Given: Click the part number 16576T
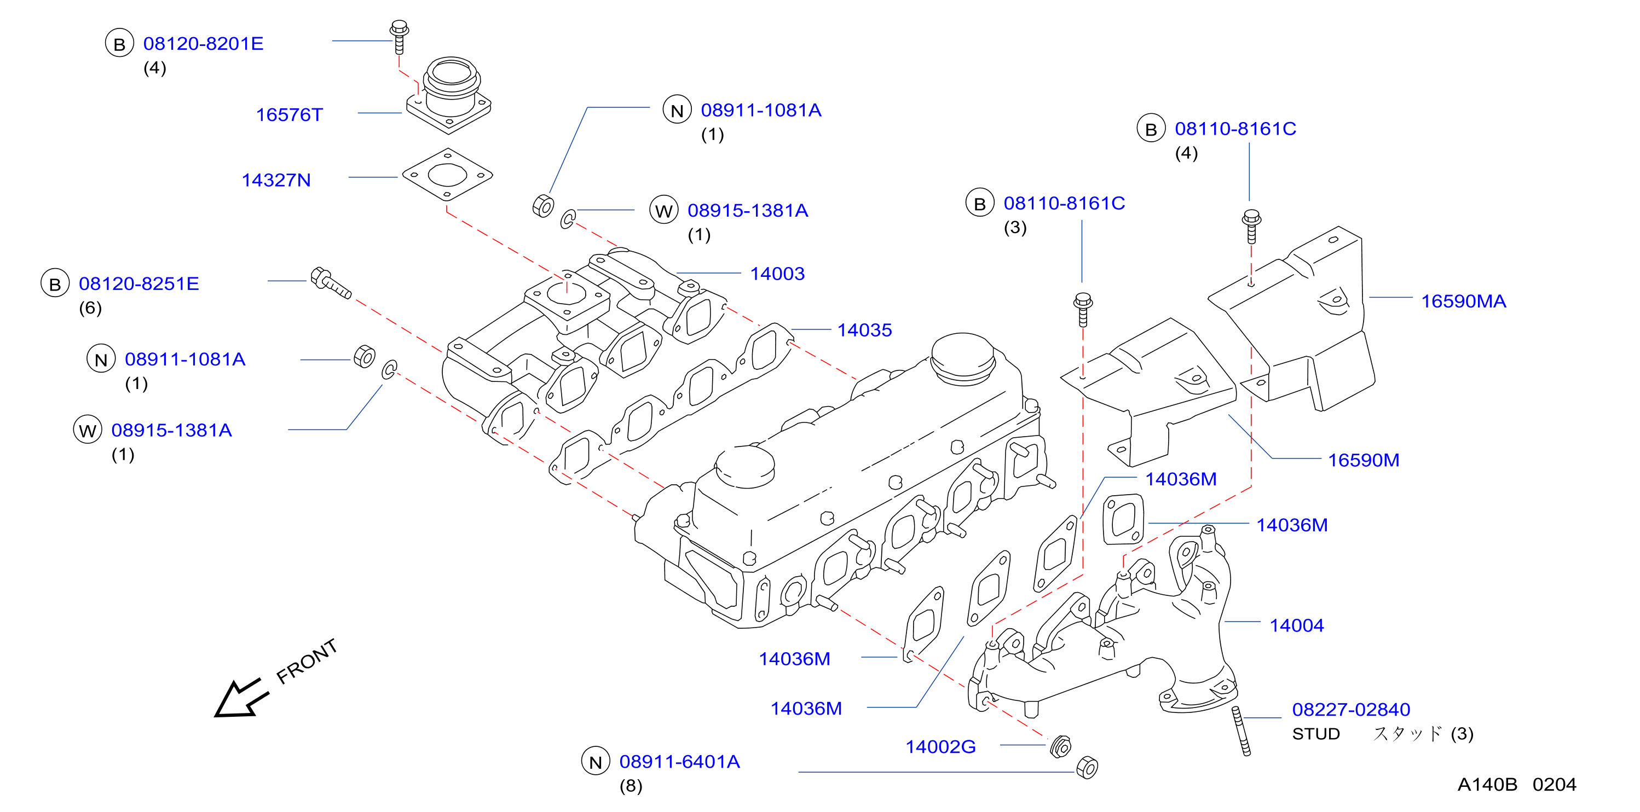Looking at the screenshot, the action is tap(289, 115).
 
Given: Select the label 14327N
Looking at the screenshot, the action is tap(276, 180).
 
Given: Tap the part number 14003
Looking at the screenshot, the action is tap(777, 274).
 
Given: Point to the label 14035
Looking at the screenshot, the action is tap(864, 330).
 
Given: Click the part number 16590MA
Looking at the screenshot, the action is tap(1464, 301).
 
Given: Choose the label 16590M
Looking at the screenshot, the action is tap(1364, 460).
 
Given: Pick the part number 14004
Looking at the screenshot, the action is tap(1297, 625).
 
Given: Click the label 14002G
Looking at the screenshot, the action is tap(940, 746).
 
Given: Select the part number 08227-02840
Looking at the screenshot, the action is tap(1351, 710).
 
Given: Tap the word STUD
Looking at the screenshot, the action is tap(1316, 734).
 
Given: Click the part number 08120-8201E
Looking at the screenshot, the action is tap(203, 44).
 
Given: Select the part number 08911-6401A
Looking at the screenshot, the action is tap(679, 762).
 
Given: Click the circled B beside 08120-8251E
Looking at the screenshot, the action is tap(55, 284).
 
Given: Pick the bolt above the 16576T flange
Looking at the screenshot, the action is tap(399, 37).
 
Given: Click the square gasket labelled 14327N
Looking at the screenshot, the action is tap(448, 175).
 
